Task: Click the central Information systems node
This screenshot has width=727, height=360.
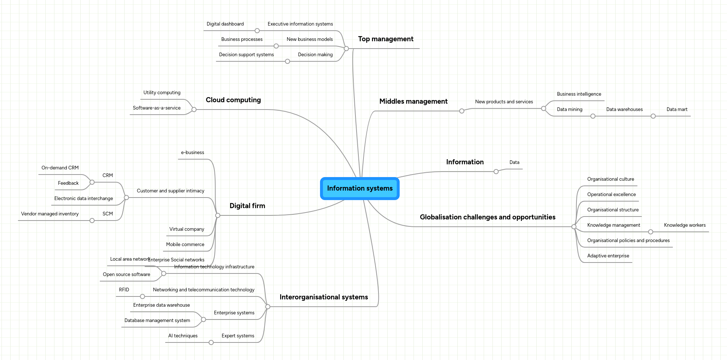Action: click(360, 188)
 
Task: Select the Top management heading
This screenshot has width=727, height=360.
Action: click(385, 39)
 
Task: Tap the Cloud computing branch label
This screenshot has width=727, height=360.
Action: click(233, 100)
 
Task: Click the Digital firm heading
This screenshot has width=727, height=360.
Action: click(247, 206)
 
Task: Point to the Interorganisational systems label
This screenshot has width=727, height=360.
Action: click(324, 297)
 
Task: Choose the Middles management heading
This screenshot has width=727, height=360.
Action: click(413, 102)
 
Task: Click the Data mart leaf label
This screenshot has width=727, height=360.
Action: click(677, 110)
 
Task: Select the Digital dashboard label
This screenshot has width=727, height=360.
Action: click(225, 24)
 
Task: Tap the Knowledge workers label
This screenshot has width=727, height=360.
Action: click(685, 225)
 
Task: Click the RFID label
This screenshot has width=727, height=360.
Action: click(124, 290)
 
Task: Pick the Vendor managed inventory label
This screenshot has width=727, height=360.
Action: click(50, 214)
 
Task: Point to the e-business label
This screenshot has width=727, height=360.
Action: click(193, 153)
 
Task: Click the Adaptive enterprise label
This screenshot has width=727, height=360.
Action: click(608, 256)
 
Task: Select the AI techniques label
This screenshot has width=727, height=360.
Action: click(183, 336)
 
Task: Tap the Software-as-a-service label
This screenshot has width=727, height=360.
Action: click(156, 108)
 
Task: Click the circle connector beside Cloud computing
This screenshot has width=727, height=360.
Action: click(194, 110)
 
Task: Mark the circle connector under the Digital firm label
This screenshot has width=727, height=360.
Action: click(218, 215)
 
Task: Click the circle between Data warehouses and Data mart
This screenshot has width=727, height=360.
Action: click(653, 116)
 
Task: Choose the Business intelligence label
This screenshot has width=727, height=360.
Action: click(579, 94)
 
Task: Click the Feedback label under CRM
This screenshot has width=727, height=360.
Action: click(68, 183)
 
